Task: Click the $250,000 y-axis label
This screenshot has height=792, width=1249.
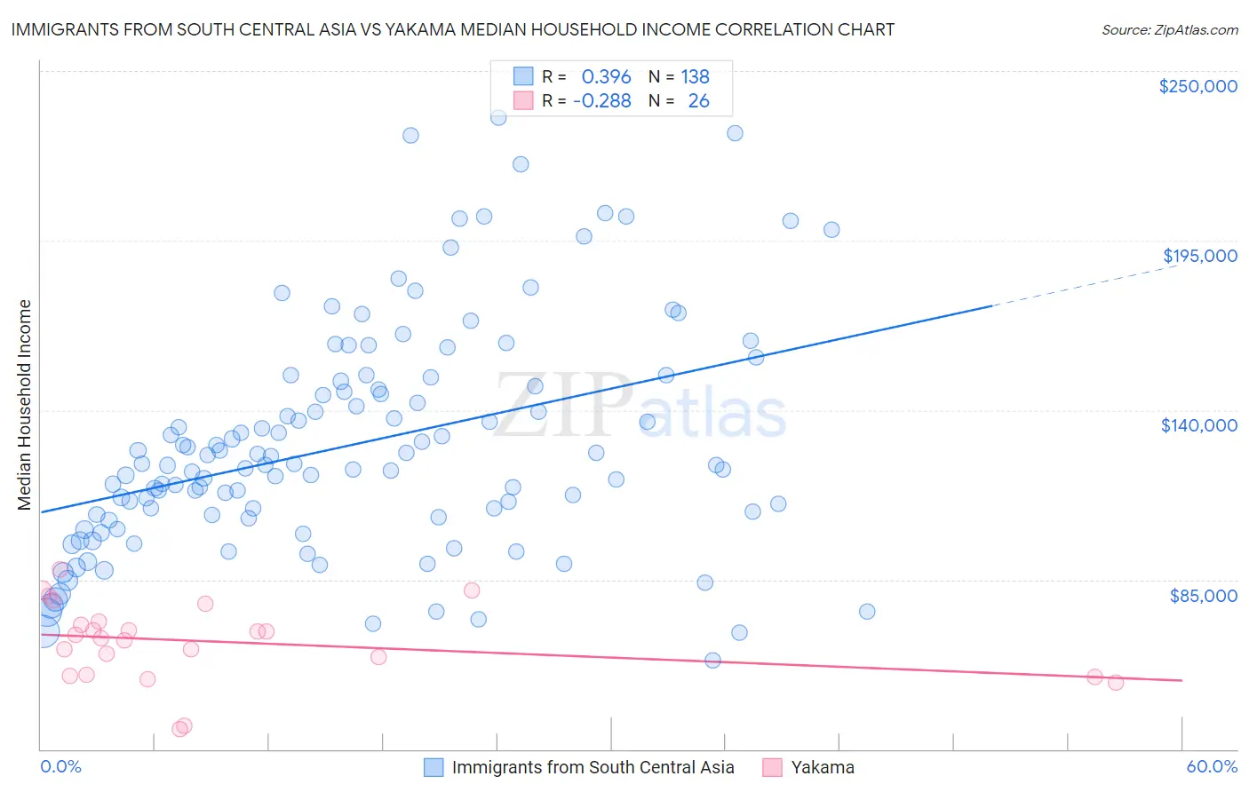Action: coord(1197,86)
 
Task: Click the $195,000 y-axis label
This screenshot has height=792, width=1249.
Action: coord(1199,256)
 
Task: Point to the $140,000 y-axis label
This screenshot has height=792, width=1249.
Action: coord(1198,425)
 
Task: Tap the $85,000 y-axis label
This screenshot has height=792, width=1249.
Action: coord(1203,595)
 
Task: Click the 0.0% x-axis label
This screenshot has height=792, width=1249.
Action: coord(60,766)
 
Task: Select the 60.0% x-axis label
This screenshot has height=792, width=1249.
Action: coord(1212,766)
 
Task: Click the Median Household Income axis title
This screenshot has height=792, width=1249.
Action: coord(25,405)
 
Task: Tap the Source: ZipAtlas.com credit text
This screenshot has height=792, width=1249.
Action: coord(1169,29)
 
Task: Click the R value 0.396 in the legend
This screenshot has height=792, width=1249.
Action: coord(606,77)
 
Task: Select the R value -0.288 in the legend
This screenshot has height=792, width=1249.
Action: coord(601,101)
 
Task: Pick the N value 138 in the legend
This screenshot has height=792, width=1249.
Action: coord(695,77)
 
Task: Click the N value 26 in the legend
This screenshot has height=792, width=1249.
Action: coord(698,101)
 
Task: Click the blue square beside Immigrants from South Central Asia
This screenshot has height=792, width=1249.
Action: coord(434,767)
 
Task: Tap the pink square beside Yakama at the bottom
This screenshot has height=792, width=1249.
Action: coord(772,767)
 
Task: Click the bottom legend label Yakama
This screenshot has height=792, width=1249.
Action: coord(823,767)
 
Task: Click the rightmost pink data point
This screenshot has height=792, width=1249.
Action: coord(1116,682)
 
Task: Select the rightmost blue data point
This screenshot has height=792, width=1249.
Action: coord(867,611)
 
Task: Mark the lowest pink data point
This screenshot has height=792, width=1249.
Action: coord(179,729)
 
